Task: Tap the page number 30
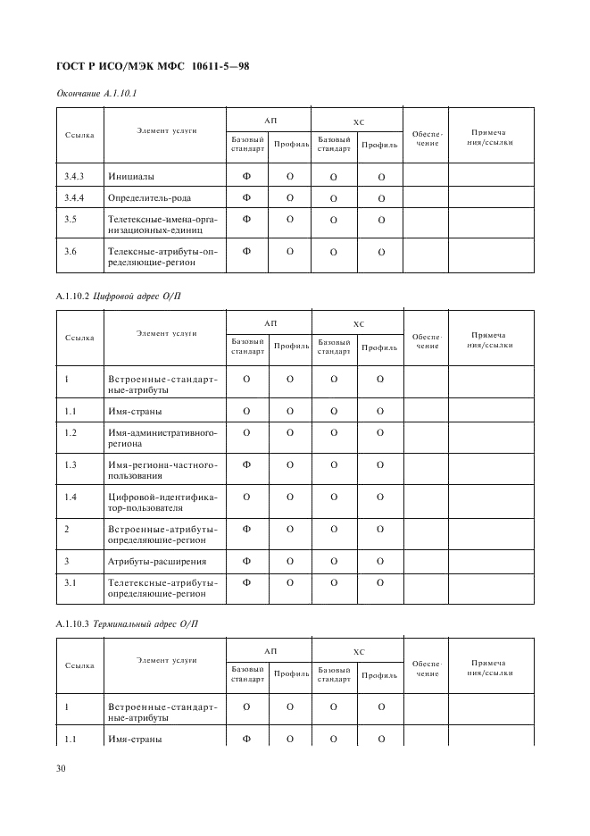tap(62, 767)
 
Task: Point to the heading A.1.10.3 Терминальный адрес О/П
tap(126, 623)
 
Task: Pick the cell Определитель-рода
tap(149, 197)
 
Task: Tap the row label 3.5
tap(71, 219)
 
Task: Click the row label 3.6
tap(71, 251)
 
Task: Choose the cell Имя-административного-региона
tap(162, 438)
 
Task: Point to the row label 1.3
tap(71, 465)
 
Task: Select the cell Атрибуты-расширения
tap(156, 561)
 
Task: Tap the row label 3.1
tap(71, 582)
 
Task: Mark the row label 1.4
tap(71, 497)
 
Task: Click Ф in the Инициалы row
tap(247, 176)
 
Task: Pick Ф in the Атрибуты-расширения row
tap(247, 561)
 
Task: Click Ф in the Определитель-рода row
tap(247, 197)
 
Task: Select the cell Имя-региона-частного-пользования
tap(162, 470)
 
